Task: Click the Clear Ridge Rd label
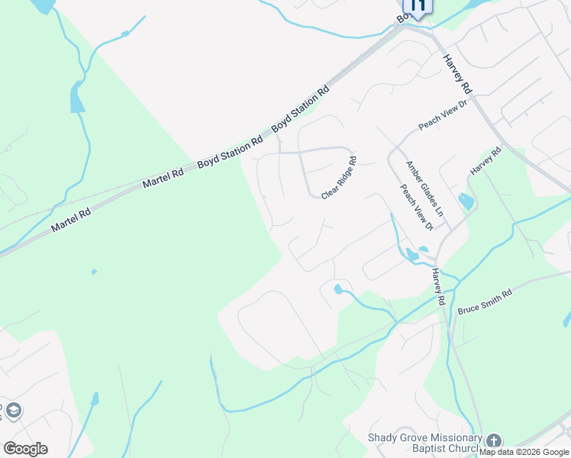click(340, 179)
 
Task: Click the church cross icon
click(494, 440)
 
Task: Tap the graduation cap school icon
click(12, 411)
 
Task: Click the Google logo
click(25, 449)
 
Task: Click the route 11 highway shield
click(417, 5)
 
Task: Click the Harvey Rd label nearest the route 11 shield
click(456, 72)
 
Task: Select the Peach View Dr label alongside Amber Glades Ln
click(418, 207)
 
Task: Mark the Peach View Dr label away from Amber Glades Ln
click(442, 115)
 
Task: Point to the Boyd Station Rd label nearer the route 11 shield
click(301, 107)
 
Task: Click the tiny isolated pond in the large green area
click(94, 271)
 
